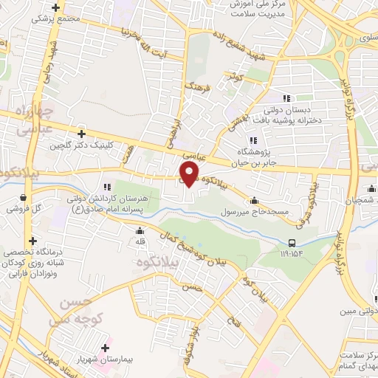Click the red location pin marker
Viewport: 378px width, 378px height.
click(190, 173)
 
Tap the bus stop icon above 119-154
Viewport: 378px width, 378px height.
click(292, 242)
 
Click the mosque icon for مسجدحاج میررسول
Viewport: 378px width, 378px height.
click(254, 199)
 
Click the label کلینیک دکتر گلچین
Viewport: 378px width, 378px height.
click(82, 145)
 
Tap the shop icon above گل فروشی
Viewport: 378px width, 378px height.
click(26, 198)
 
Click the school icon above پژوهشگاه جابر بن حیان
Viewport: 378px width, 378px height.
click(253, 140)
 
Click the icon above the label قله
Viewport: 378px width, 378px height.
click(140, 230)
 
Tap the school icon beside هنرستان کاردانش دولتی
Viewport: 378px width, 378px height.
click(107, 188)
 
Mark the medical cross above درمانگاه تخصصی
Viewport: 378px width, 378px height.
click(32, 240)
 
